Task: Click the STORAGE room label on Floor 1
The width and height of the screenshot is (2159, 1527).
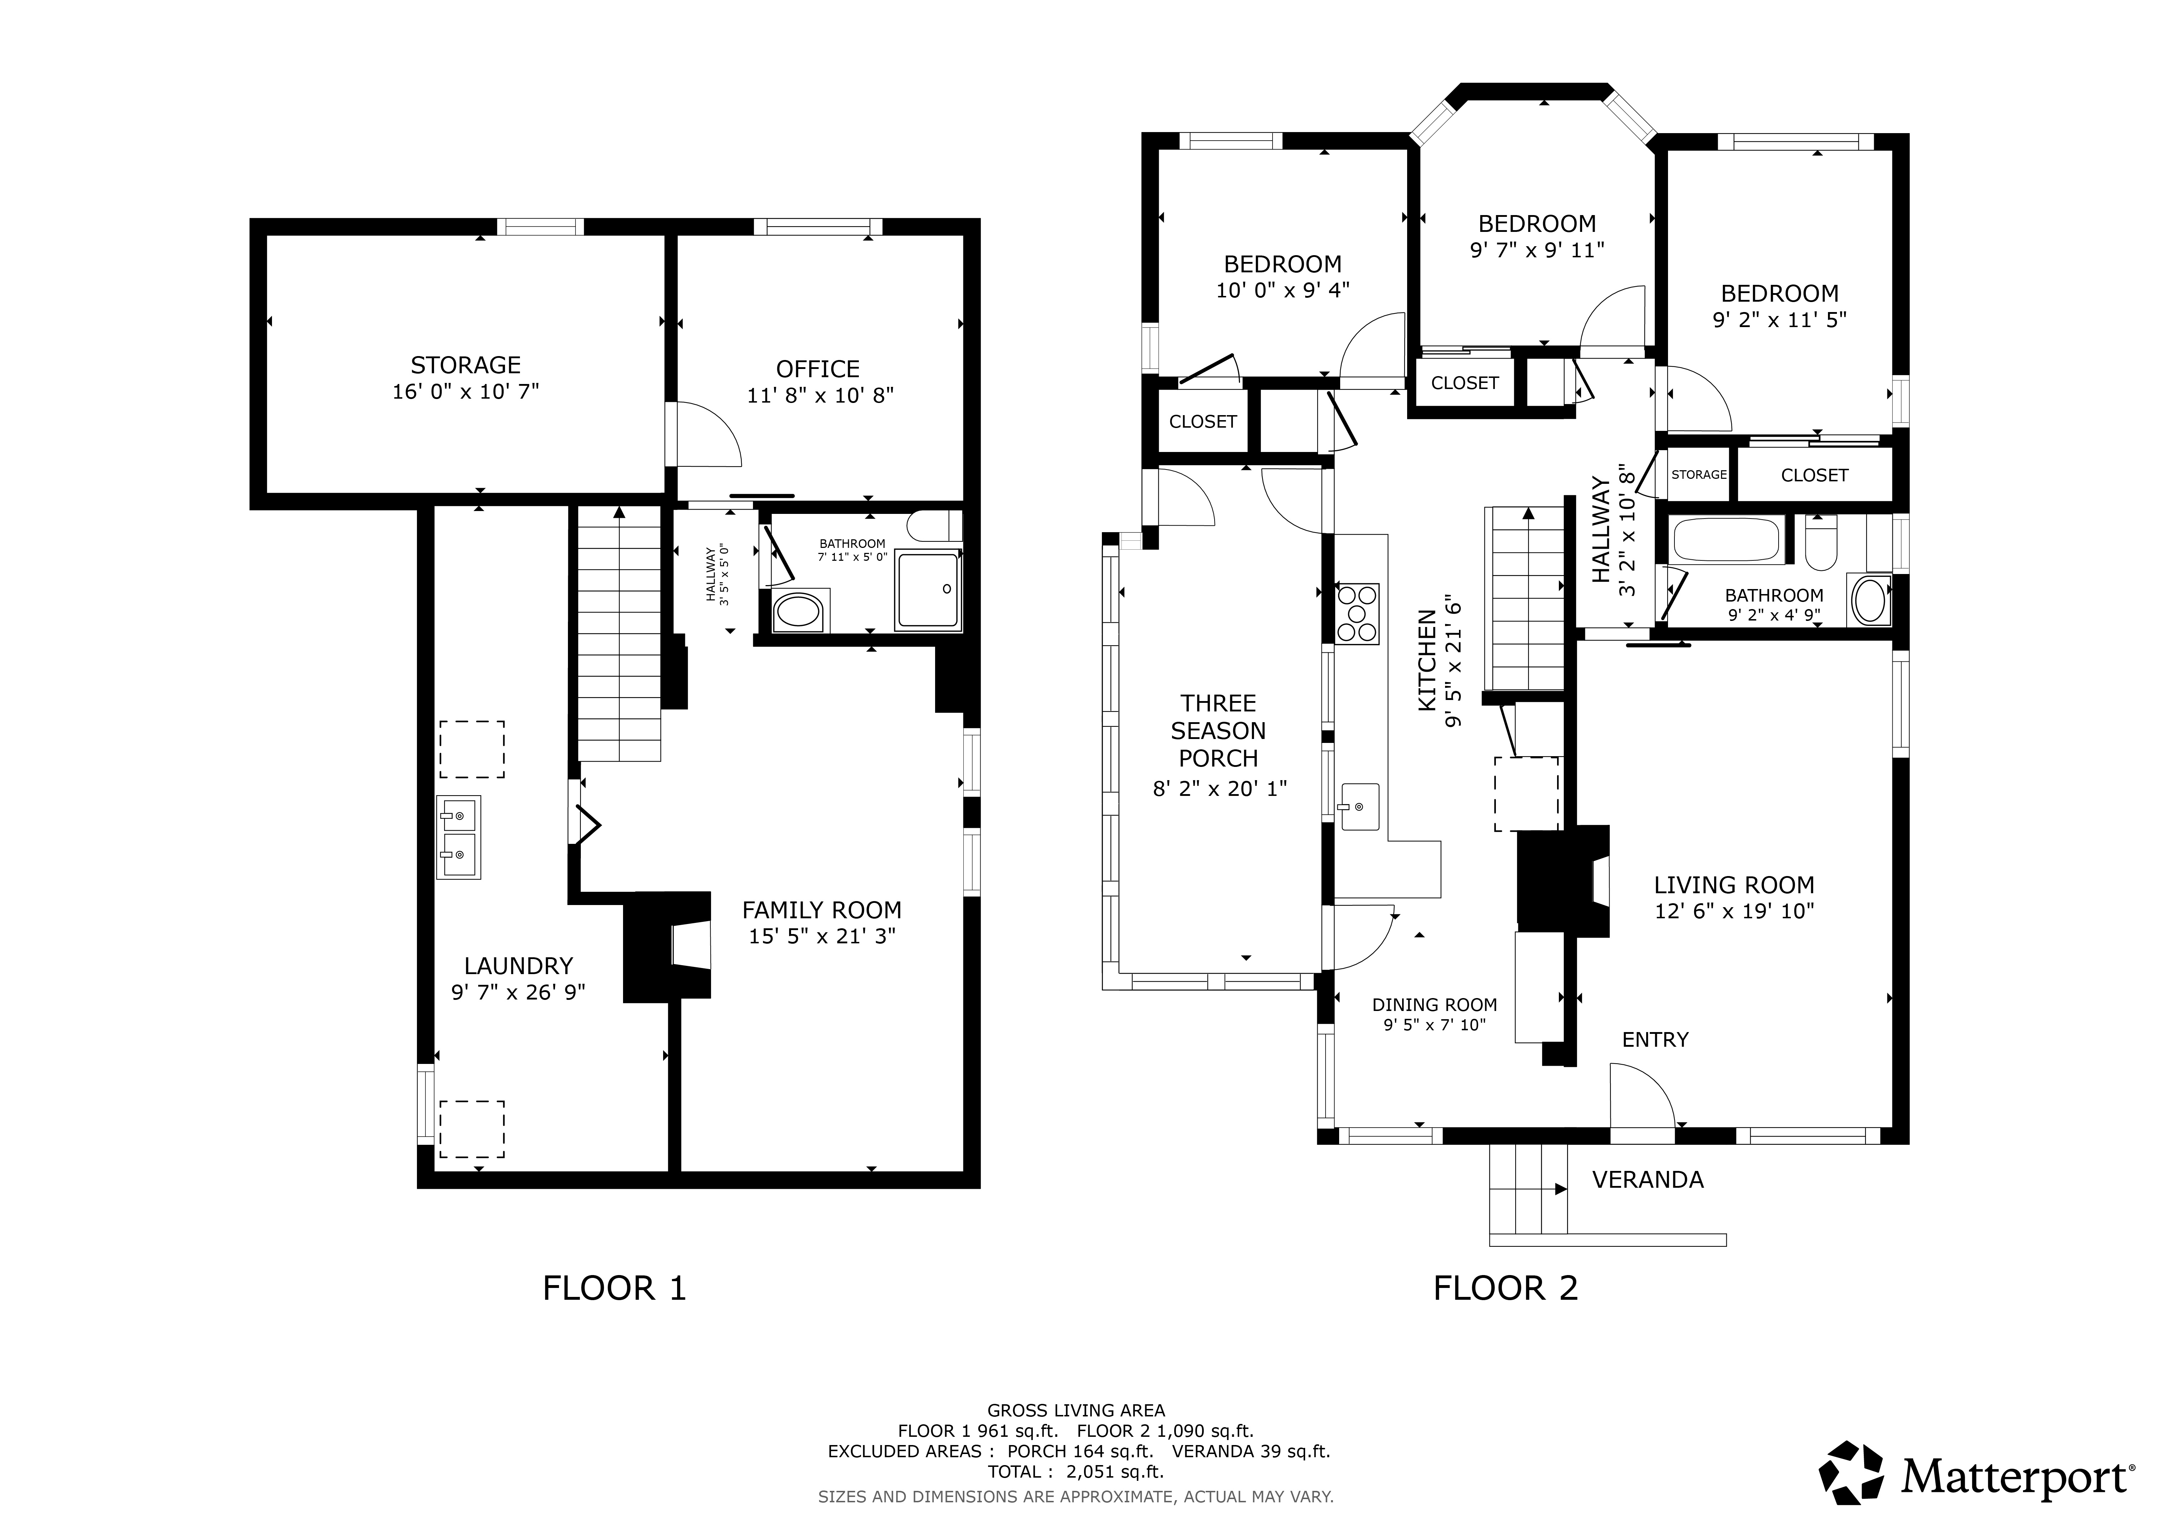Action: coord(466,365)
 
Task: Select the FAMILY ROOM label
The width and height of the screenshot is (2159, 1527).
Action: coord(822,910)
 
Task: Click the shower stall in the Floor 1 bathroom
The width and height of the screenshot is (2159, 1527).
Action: coord(928,589)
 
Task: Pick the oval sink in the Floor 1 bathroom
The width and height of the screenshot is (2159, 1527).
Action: coord(799,611)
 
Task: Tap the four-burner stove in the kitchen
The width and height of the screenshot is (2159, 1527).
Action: coord(1357,614)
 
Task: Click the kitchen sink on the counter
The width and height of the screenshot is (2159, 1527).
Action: coord(1360,807)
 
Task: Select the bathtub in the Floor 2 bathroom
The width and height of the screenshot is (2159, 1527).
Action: coord(1727,541)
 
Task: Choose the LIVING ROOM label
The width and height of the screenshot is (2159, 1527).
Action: coord(1734,885)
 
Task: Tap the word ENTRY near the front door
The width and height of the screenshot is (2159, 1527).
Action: coord(1655,1039)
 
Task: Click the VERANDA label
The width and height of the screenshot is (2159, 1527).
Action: coord(1648,1179)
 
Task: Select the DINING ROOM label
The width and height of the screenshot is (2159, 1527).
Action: coord(1434,1004)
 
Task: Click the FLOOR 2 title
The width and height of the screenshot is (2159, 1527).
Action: coord(1506,1288)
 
